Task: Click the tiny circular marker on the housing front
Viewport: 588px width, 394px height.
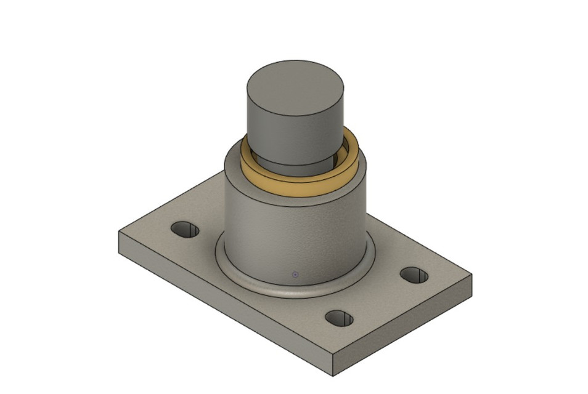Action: tap(295, 275)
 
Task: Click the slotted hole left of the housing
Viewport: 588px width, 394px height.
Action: tap(185, 230)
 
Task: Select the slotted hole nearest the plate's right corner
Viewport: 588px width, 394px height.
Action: tap(414, 275)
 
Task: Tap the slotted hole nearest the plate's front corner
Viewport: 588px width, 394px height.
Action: tap(339, 318)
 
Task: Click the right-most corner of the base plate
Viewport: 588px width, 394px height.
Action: tap(472, 276)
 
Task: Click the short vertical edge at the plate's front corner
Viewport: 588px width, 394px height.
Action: tap(333, 366)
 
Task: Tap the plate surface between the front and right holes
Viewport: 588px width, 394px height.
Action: tap(382, 302)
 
